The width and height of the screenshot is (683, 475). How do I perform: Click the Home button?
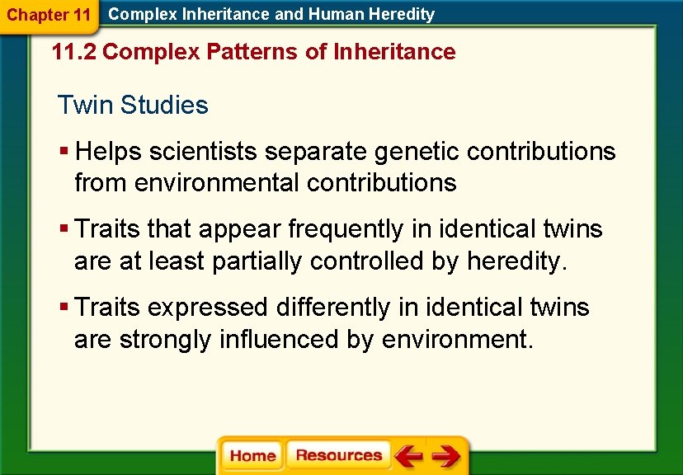pos(252,456)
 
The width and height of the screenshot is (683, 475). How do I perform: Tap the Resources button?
pos(338,456)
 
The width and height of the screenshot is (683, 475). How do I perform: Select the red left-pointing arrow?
pos(407,456)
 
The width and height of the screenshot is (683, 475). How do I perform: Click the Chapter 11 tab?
pos(49,15)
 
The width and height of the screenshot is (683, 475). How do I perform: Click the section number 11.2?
pos(73,52)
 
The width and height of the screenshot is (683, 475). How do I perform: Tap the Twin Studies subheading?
pos(133,106)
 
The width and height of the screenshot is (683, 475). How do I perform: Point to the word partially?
pos(257,261)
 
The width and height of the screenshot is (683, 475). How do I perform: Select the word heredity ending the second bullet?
pos(515,261)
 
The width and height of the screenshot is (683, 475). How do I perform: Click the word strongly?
pos(167,339)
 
